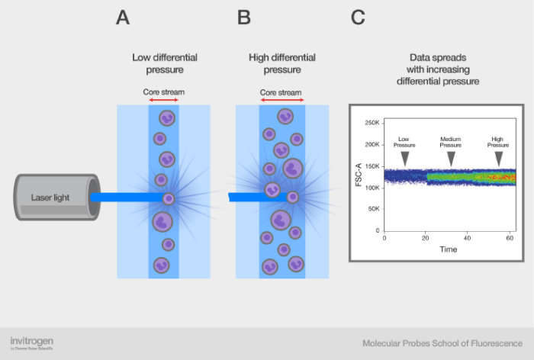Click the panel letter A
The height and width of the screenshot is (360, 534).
(123, 18)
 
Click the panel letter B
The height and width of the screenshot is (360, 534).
(244, 18)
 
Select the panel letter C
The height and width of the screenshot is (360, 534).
(358, 18)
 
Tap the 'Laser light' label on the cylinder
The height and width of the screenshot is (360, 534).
(50, 198)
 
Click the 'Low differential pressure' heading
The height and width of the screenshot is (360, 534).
(163, 63)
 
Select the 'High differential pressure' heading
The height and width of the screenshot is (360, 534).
(281, 63)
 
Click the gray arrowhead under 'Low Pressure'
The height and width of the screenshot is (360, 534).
(404, 157)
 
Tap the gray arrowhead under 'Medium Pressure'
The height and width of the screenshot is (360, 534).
(451, 157)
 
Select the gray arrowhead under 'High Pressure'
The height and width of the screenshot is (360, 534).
(499, 157)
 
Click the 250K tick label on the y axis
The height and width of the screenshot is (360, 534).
(372, 123)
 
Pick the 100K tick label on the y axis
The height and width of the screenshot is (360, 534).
(372, 187)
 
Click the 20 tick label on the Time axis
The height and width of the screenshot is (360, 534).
(426, 239)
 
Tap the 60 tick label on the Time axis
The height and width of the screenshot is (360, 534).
(509, 239)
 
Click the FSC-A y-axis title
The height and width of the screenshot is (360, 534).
(357, 176)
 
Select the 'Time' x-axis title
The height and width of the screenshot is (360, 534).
(448, 249)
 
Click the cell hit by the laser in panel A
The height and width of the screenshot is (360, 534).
(168, 198)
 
